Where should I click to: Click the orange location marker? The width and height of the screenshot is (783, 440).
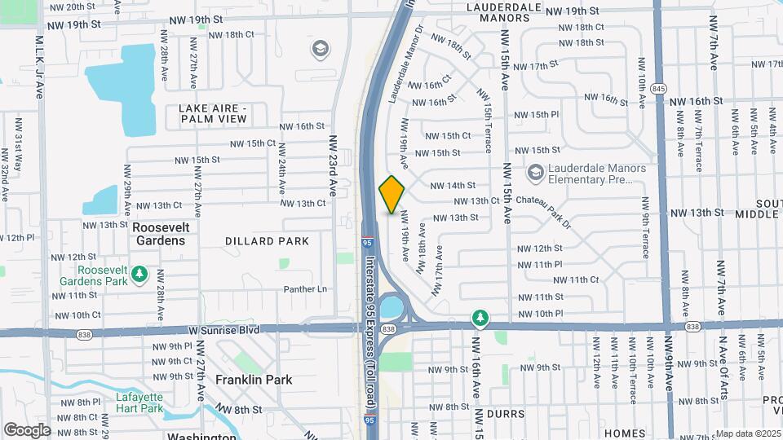[x=391, y=195]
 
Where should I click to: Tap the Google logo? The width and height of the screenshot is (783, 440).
[x=27, y=429]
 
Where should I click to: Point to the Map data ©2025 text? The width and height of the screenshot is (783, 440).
[x=748, y=433]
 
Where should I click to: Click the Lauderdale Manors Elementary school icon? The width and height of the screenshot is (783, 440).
[x=535, y=172]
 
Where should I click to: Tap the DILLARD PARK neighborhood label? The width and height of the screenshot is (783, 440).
[x=268, y=241]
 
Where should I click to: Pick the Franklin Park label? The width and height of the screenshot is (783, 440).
[x=254, y=380]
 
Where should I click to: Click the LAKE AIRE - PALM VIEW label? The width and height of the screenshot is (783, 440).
[x=213, y=113]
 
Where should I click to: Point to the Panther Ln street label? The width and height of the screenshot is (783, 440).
[x=305, y=289]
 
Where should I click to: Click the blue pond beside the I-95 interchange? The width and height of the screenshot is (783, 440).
[x=391, y=308]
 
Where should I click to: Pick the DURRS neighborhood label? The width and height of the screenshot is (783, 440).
[x=501, y=414]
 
